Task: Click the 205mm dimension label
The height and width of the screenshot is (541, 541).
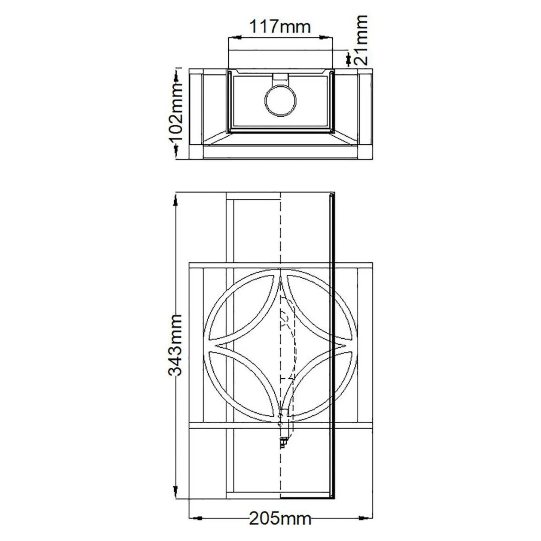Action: [280, 518]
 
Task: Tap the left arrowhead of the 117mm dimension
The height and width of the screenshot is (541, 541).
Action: [235, 37]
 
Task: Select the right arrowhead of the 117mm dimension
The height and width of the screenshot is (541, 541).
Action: [326, 37]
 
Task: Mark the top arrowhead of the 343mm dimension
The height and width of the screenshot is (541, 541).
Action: [175, 200]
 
